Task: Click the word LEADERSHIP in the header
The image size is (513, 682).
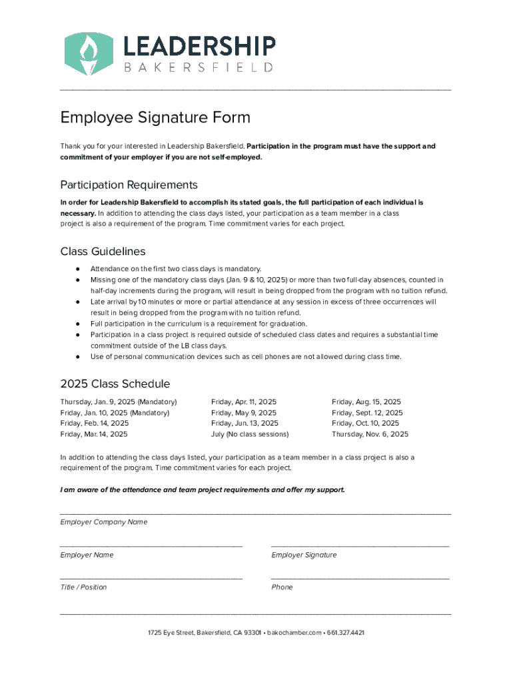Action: [x=199, y=46]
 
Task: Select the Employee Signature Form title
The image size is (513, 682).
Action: [x=155, y=118]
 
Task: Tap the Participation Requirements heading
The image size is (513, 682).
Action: [x=129, y=184]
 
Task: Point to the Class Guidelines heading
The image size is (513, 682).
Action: [x=103, y=251]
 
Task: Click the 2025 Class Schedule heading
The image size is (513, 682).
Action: [x=115, y=384]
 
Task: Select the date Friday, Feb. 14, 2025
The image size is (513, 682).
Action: [x=95, y=424]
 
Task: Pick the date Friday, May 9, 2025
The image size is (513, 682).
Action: [x=243, y=413]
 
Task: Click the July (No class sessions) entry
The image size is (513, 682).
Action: [x=250, y=434]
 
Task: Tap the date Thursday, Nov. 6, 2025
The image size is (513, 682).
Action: [x=370, y=434]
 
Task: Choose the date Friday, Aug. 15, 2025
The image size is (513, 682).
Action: [x=366, y=402]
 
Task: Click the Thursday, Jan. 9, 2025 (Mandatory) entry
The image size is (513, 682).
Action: [x=119, y=402]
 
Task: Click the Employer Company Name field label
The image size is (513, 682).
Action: [x=104, y=522]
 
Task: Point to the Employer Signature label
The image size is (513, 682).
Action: [x=304, y=555]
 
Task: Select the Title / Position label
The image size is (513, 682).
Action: [x=83, y=587]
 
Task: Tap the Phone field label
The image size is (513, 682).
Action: [x=282, y=587]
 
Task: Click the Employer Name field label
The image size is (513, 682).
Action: [x=87, y=555]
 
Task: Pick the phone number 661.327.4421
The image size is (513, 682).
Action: [x=346, y=633]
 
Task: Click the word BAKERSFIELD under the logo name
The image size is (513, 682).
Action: [x=199, y=67]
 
